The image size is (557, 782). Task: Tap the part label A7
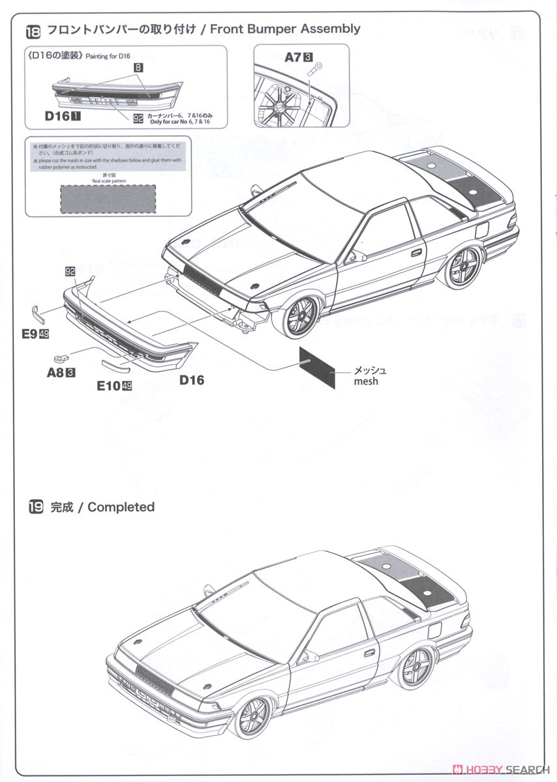pyautogui.click(x=293, y=57)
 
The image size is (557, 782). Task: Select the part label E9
pyautogui.click(x=28, y=334)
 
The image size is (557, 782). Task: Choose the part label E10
pyautogui.click(x=108, y=386)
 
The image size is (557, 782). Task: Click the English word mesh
pyautogui.click(x=366, y=381)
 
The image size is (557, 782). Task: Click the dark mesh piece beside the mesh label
pyautogui.click(x=317, y=367)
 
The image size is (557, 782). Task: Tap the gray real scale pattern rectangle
pyautogui.click(x=108, y=199)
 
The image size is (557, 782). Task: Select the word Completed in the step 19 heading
pyautogui.click(x=121, y=507)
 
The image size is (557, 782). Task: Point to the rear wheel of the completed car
pyautogui.click(x=414, y=666)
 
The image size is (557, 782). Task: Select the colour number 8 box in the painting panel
pyautogui.click(x=138, y=67)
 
